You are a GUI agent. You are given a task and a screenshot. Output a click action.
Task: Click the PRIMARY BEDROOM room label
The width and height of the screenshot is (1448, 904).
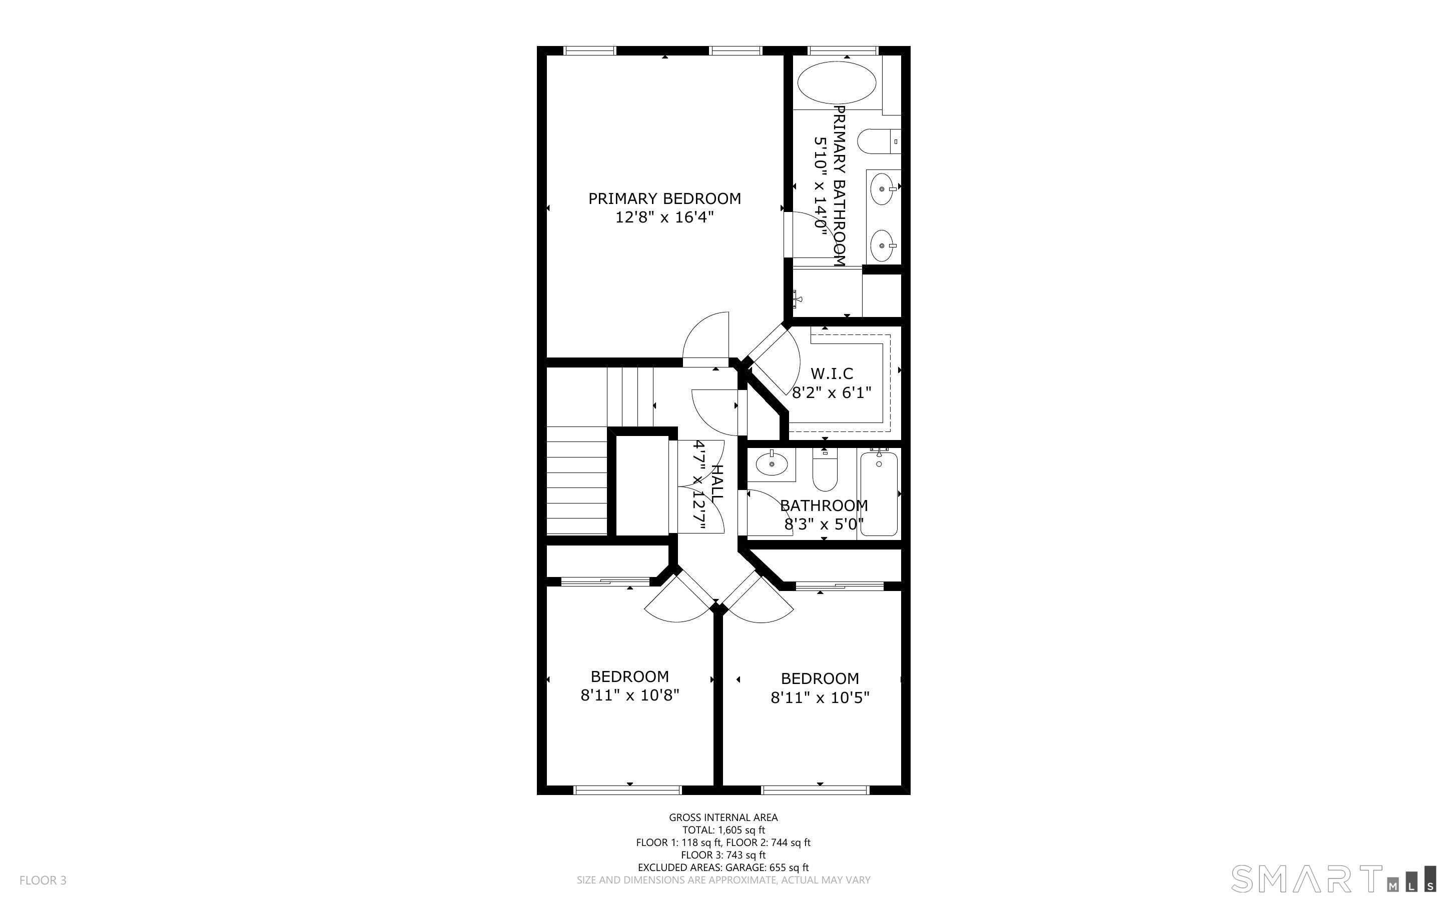click(x=664, y=198)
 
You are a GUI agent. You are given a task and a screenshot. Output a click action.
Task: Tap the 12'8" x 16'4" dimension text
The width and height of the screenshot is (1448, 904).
click(x=664, y=217)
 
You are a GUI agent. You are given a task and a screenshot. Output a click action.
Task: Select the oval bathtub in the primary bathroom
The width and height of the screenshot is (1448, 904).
click(x=837, y=83)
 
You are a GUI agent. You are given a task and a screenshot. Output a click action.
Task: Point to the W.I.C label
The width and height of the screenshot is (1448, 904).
click(x=832, y=373)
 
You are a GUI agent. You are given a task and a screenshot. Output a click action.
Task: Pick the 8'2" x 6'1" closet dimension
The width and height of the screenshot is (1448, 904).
click(x=832, y=393)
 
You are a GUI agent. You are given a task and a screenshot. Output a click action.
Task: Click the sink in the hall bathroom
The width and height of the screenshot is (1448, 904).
click(x=772, y=464)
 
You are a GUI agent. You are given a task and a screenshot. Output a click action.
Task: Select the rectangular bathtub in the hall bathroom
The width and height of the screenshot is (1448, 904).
click(x=879, y=494)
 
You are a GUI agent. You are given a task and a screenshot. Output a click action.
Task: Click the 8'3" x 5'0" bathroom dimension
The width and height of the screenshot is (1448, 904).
click(x=824, y=525)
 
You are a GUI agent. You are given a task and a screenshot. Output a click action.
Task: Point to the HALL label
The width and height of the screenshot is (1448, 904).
click(x=716, y=483)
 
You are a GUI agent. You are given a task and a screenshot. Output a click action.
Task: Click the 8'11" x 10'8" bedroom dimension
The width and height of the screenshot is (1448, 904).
click(x=630, y=695)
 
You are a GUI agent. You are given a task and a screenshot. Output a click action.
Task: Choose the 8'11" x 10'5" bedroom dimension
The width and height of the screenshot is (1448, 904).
click(x=820, y=697)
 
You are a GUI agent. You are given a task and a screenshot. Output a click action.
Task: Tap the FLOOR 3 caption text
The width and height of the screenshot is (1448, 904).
click(x=43, y=880)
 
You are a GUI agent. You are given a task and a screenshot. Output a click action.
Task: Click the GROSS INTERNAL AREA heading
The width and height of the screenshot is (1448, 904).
click(x=723, y=817)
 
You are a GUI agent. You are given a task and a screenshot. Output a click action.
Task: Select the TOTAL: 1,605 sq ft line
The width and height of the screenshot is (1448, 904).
click(x=723, y=830)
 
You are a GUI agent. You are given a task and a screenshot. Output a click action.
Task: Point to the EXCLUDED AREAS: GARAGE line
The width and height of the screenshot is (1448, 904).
click(x=723, y=867)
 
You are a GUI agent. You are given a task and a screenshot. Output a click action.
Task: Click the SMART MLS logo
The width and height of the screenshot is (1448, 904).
click(x=1333, y=879)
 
